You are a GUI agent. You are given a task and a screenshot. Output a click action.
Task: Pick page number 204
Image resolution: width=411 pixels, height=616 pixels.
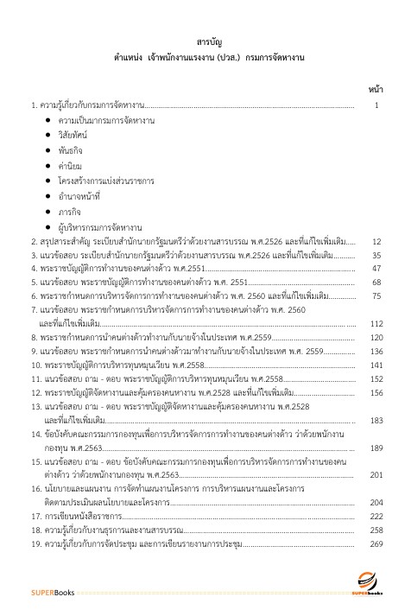click(376, 502)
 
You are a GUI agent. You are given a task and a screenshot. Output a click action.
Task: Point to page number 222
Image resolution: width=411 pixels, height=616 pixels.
click(376, 516)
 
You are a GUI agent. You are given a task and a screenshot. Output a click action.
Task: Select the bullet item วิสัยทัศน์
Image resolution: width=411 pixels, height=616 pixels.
click(74, 136)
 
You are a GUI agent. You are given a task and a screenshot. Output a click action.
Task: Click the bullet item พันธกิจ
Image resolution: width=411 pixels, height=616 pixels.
click(71, 151)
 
